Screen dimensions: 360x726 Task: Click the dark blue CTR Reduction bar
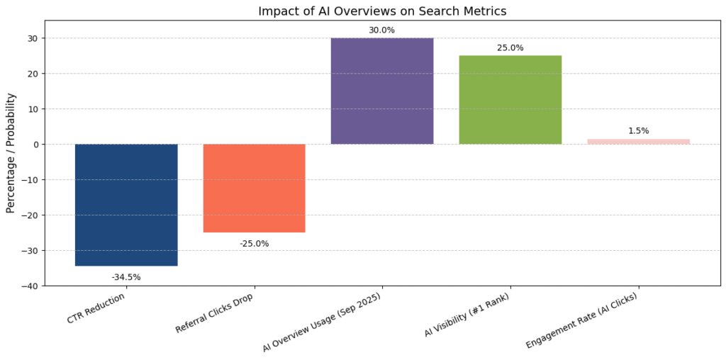coord(126,205)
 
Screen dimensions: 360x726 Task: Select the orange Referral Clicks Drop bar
coord(254,188)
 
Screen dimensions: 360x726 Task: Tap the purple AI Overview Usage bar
coord(382,91)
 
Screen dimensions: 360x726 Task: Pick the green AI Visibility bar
coord(510,100)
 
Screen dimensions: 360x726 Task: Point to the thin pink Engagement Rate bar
coord(638,142)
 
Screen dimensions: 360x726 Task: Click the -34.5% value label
coord(126,277)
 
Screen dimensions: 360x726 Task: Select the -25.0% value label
coord(254,244)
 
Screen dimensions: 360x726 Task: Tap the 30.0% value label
coord(382,30)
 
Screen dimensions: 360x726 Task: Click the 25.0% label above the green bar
coord(510,47)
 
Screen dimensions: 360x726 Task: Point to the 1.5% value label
coord(638,131)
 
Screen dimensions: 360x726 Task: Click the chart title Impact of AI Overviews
coord(382,11)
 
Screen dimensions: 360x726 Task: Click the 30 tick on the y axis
coord(33,38)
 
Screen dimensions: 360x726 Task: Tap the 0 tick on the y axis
coord(35,145)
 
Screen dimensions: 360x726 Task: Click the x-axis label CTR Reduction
coord(96,308)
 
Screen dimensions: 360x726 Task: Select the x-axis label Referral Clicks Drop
coord(214,312)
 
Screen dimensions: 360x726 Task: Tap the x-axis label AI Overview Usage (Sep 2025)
coord(323,321)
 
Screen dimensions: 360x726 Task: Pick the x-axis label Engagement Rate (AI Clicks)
coord(581,320)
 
